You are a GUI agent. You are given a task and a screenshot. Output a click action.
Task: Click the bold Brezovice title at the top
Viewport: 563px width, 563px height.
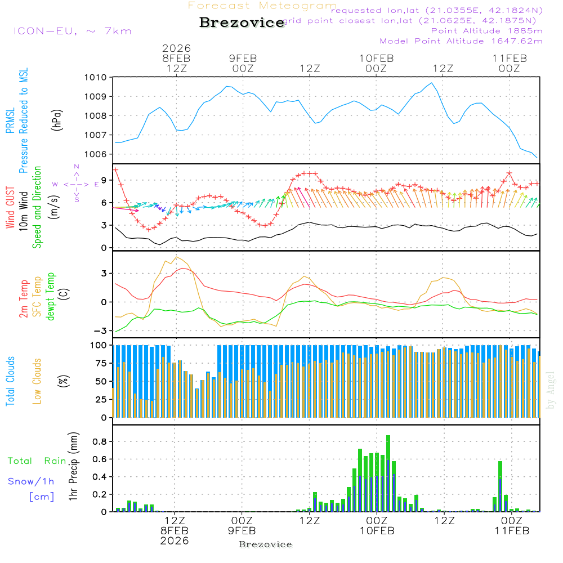242,23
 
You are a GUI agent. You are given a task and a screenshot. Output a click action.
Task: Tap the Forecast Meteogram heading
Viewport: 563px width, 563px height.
262,6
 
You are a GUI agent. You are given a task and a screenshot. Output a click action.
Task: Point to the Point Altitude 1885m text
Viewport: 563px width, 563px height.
486,30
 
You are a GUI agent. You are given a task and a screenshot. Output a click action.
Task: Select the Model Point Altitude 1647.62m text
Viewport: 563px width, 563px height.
461,41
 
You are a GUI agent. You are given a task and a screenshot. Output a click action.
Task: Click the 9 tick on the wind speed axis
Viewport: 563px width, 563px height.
104,180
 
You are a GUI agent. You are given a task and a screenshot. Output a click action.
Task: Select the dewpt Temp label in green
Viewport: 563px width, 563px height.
51,297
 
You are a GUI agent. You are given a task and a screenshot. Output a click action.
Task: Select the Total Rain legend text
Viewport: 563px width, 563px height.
37,461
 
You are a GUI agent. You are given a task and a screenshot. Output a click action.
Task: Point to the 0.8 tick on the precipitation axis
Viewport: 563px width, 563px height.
99,441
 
